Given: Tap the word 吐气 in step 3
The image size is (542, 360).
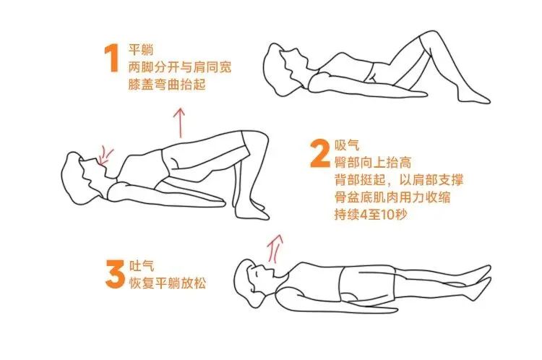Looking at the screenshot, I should pyautogui.click(x=140, y=267).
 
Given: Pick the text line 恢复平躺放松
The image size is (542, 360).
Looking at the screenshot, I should pyautogui.click(x=167, y=283).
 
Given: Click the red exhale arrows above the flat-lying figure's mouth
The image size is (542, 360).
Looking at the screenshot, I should pyautogui.click(x=275, y=249).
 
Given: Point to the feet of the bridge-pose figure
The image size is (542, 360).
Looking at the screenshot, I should pyautogui.click(x=253, y=210).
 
